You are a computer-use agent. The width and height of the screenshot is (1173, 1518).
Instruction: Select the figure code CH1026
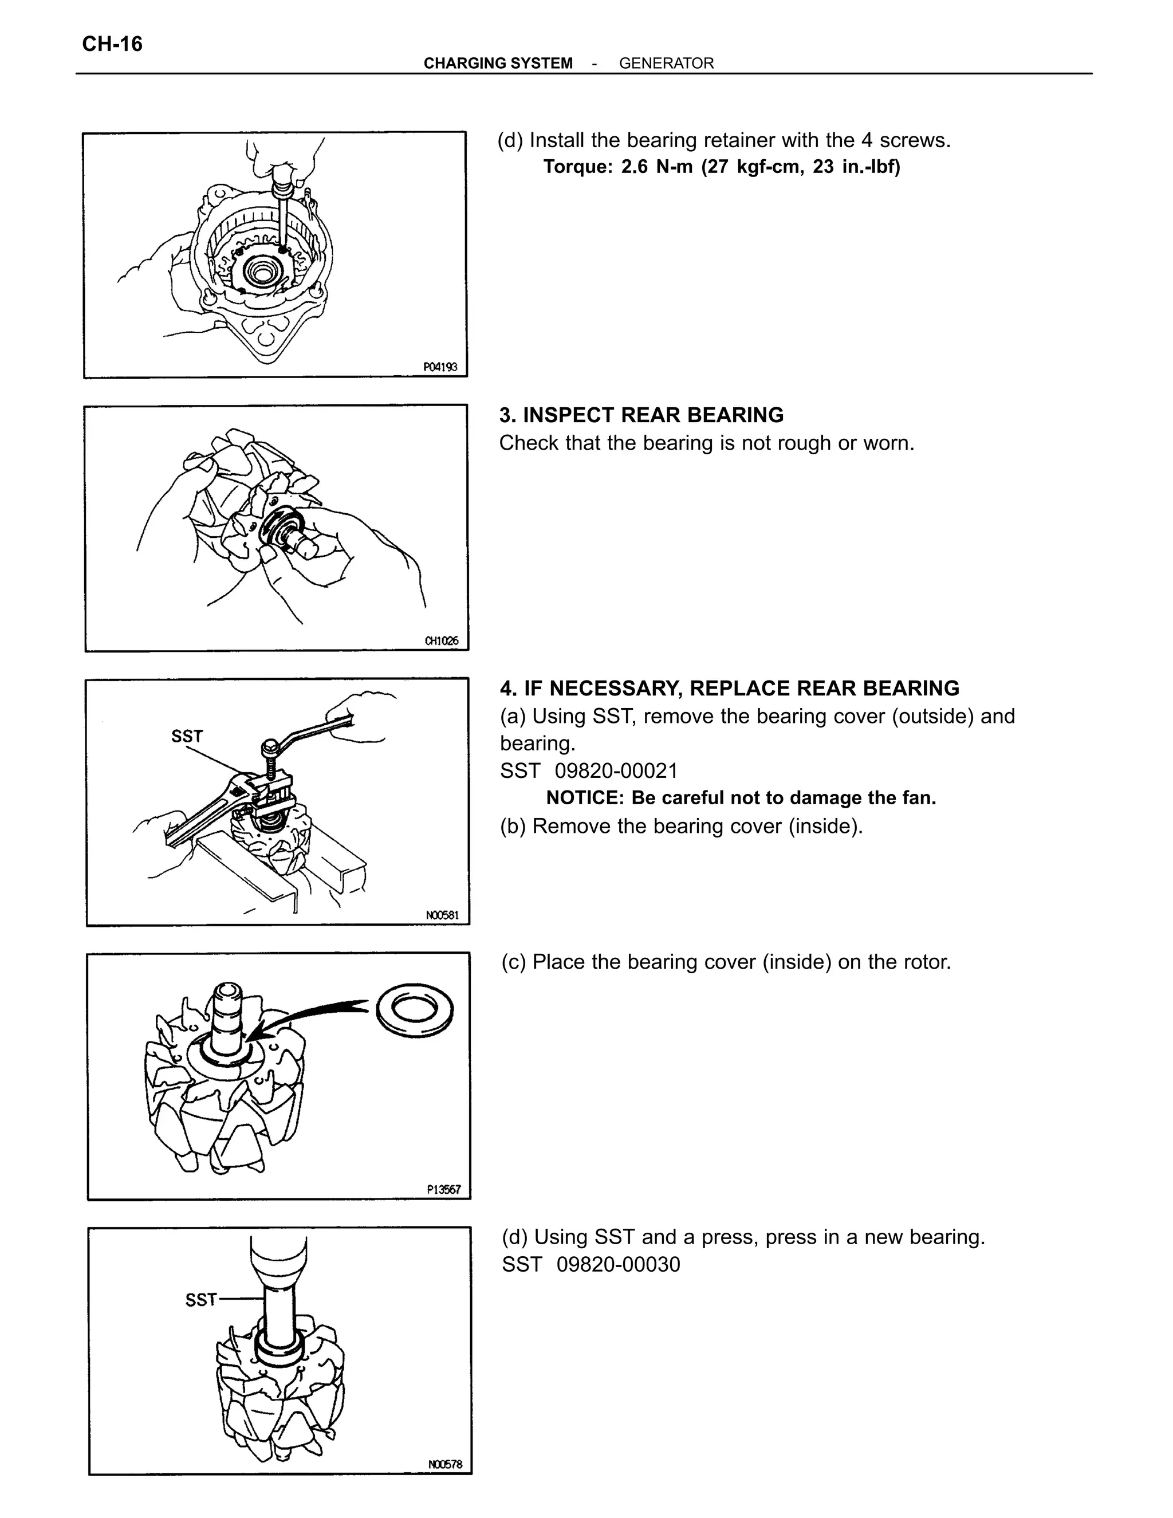tap(441, 641)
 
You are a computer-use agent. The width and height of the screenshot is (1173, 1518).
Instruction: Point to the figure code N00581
tap(442, 915)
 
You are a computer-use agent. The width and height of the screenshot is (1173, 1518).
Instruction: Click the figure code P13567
tap(443, 1189)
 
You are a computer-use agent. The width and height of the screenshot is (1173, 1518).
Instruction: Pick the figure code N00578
tap(444, 1464)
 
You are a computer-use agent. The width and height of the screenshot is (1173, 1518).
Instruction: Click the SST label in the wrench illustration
tap(187, 736)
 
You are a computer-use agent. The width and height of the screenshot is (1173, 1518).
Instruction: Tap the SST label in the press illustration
tap(201, 1299)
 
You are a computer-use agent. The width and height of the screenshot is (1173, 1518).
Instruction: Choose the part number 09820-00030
tap(618, 1264)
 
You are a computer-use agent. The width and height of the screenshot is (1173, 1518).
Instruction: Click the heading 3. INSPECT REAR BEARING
tap(641, 415)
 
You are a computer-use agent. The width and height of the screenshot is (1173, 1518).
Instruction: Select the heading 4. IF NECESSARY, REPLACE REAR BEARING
tap(729, 688)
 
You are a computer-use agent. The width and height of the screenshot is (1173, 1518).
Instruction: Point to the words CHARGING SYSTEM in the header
tap(498, 63)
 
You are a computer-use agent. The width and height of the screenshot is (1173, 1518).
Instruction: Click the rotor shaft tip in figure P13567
tap(227, 990)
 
